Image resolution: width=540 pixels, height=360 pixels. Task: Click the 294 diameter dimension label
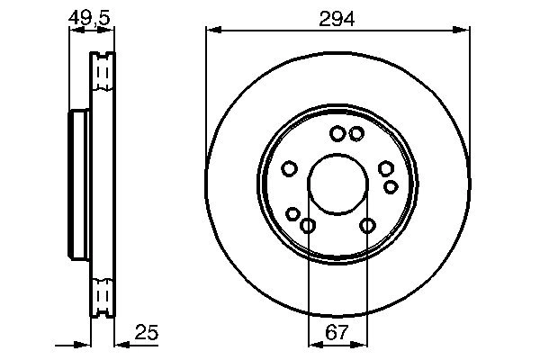337,16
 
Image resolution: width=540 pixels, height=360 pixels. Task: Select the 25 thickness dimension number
148,332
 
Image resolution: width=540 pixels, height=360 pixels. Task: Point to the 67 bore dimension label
337,332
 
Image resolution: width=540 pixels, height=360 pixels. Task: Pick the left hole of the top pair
337,134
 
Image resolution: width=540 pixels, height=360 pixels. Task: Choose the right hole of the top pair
356,134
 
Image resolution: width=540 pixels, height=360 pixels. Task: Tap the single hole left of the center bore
289,168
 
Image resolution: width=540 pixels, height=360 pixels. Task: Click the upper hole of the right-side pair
385,168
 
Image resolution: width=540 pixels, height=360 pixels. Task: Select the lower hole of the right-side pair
391,186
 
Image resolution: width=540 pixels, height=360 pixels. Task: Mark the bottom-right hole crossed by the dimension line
367,225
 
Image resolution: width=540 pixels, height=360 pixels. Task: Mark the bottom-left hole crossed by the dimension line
308,225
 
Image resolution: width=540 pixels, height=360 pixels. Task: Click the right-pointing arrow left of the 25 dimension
85,344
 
